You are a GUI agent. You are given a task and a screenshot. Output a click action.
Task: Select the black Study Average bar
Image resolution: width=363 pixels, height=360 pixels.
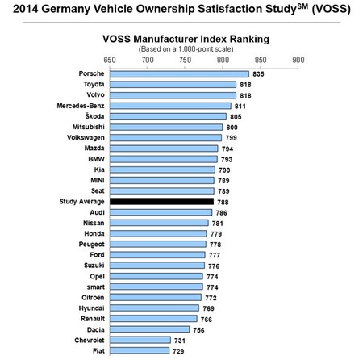tap(161, 201)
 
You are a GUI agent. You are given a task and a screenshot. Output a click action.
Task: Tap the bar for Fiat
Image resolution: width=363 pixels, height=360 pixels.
tap(140, 350)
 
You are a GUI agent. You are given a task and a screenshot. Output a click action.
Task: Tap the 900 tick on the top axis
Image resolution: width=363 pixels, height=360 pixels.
tap(298, 60)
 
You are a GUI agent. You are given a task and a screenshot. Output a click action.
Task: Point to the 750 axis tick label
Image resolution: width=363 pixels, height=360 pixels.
tap(185, 60)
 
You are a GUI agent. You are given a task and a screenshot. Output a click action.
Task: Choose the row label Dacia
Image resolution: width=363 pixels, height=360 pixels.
tap(93, 329)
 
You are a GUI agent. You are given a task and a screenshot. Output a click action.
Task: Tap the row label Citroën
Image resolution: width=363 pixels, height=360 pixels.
tap(90, 297)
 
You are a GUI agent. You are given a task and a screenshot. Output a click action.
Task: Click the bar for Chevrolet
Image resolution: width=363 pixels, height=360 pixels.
tap(140, 340)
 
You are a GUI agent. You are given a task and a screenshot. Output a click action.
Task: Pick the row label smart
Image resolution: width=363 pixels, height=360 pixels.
tap(93, 287)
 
